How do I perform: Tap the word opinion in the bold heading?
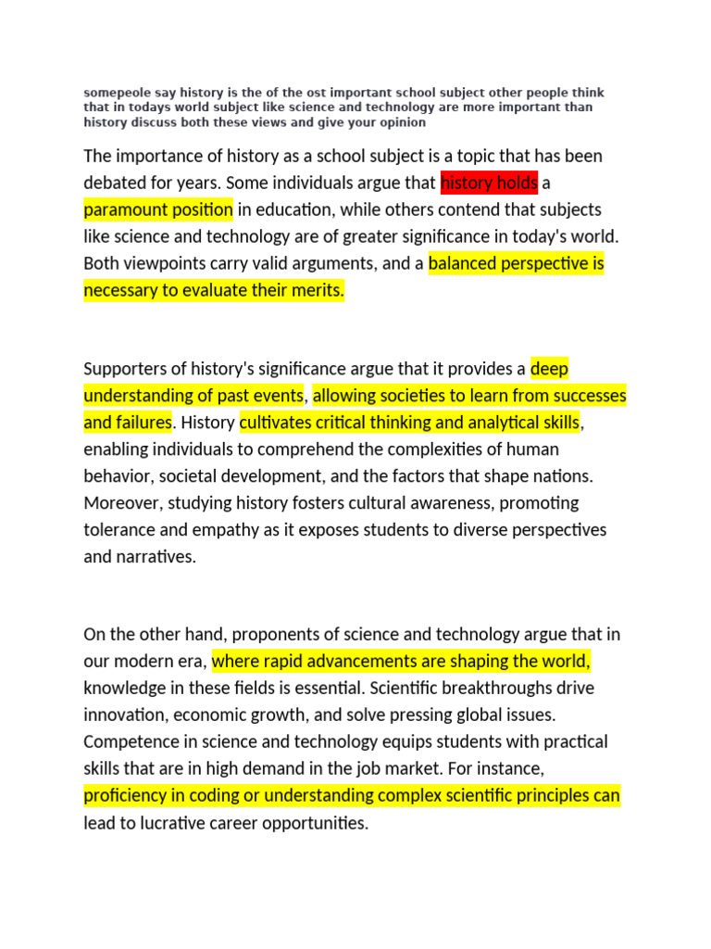point(402,122)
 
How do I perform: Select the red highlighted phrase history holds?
point(489,183)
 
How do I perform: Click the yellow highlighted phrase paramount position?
point(158,209)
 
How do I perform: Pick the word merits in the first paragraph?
point(317,290)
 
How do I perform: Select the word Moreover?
point(119,503)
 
